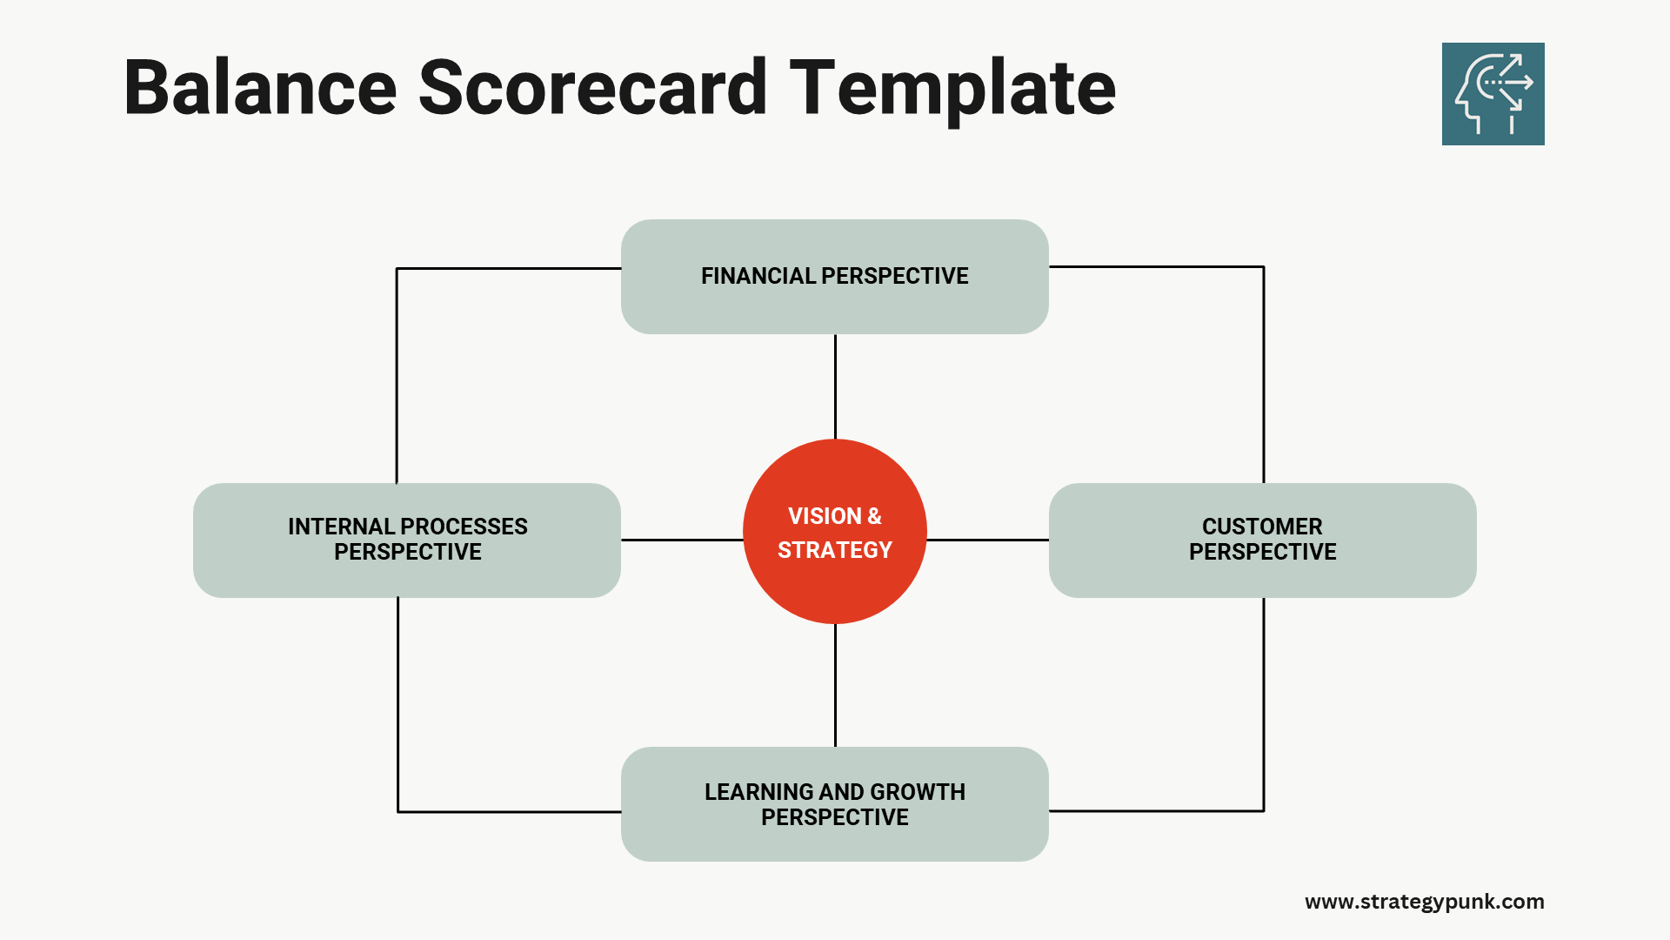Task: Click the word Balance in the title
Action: pyautogui.click(x=260, y=88)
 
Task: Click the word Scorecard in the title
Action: pyautogui.click(x=592, y=88)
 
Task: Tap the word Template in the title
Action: pyautogui.click(x=952, y=88)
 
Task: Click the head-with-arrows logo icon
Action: pyautogui.click(x=1493, y=94)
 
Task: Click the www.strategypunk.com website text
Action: pyautogui.click(x=1424, y=902)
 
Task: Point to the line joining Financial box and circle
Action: pyautogui.click(x=835, y=386)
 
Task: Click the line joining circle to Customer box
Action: pyautogui.click(x=987, y=540)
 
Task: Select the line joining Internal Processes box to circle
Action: pyautogui.click(x=682, y=540)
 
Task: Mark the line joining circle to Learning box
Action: pyautogui.click(x=835, y=685)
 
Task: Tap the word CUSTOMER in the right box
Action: pyautogui.click(x=1262, y=527)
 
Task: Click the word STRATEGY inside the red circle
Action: pyautogui.click(x=834, y=550)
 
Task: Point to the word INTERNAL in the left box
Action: pyautogui.click(x=341, y=527)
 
